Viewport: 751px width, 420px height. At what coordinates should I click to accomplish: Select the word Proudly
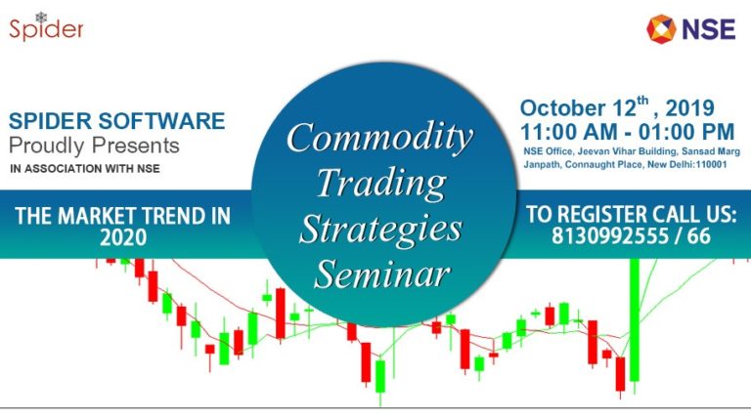pos(45,146)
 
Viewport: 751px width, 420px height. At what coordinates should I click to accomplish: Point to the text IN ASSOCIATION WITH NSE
pos(85,168)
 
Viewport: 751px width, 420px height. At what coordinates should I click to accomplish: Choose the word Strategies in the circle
pos(379,228)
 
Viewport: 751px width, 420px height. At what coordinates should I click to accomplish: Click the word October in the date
pos(558,108)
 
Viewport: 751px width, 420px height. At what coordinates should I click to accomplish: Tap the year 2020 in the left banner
pos(122,237)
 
